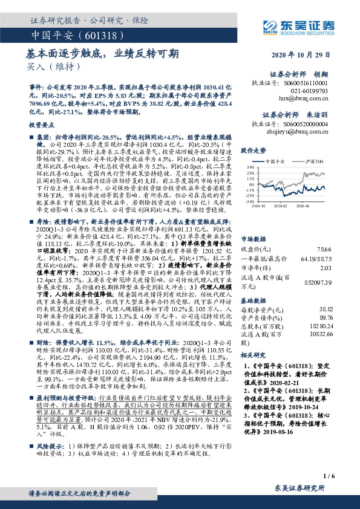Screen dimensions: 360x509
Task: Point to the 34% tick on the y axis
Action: pos(249,167)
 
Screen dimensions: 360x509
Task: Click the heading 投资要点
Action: pos(42,123)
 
